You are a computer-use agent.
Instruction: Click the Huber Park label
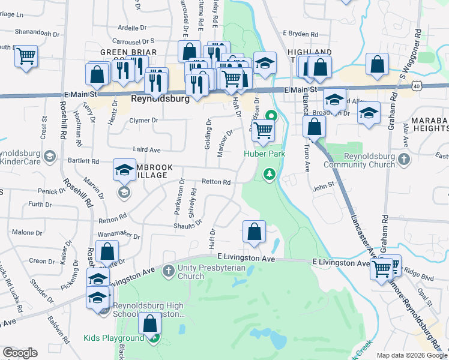point(264,154)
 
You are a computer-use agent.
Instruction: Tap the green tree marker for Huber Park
point(270,174)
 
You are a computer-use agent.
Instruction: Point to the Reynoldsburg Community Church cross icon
point(404,159)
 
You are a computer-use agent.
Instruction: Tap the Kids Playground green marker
point(154,338)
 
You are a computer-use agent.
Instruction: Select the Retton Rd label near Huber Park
point(217,182)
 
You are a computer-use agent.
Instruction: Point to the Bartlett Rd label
point(83,161)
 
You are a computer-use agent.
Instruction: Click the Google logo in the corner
point(20,352)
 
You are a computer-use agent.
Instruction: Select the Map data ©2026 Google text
point(411,355)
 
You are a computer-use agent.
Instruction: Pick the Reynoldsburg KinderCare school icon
point(50,157)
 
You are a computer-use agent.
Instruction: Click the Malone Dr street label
point(23,233)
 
